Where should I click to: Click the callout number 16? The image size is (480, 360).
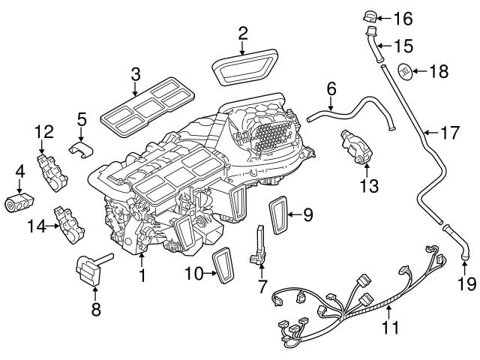[403, 16]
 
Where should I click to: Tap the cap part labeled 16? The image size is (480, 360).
[370, 16]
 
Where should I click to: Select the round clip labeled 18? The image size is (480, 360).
[403, 71]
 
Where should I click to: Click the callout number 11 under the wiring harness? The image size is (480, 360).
[389, 328]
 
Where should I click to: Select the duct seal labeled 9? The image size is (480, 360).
[281, 215]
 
